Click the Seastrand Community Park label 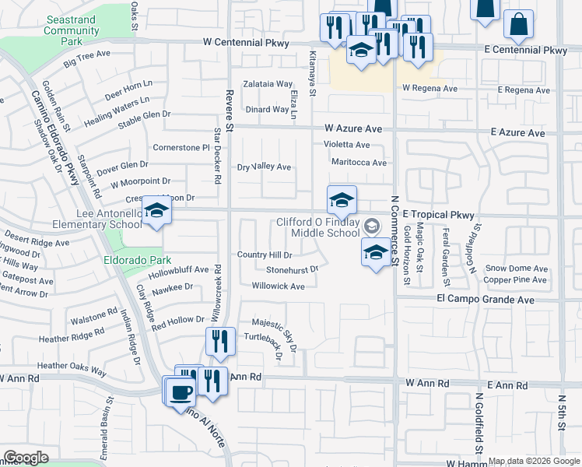[x=72, y=30]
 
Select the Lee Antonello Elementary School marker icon [x=156, y=212]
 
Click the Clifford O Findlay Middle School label [x=320, y=227]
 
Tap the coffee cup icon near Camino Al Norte [x=180, y=391]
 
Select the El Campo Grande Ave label [x=486, y=299]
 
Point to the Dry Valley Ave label [x=264, y=167]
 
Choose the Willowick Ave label [x=278, y=286]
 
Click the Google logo [x=26, y=458]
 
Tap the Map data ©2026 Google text [x=534, y=461]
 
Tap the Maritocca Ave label [x=359, y=163]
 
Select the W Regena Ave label [x=430, y=89]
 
